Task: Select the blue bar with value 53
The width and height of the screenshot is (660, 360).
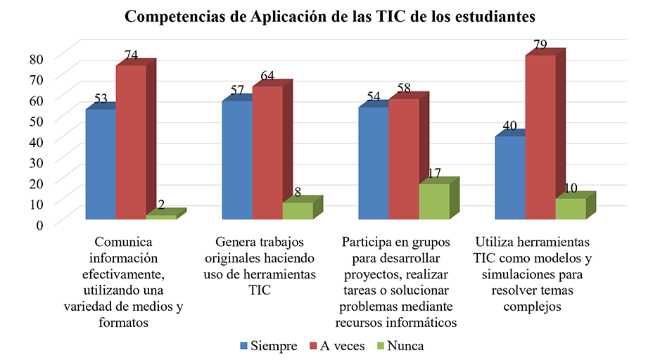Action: [x=101, y=165]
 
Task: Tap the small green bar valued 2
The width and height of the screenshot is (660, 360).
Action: [x=161, y=217]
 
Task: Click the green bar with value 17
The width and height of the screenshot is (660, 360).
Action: [x=433, y=202]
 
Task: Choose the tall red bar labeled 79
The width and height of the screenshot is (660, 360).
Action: [x=540, y=137]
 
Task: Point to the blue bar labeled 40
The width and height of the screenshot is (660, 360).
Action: [x=509, y=178]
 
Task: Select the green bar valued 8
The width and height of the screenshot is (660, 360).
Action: [x=298, y=211]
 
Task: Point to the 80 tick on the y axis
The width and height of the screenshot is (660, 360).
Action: [x=36, y=59]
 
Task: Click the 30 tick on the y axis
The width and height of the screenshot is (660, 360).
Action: [x=36, y=162]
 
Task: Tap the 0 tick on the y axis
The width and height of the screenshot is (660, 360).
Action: [x=39, y=224]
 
